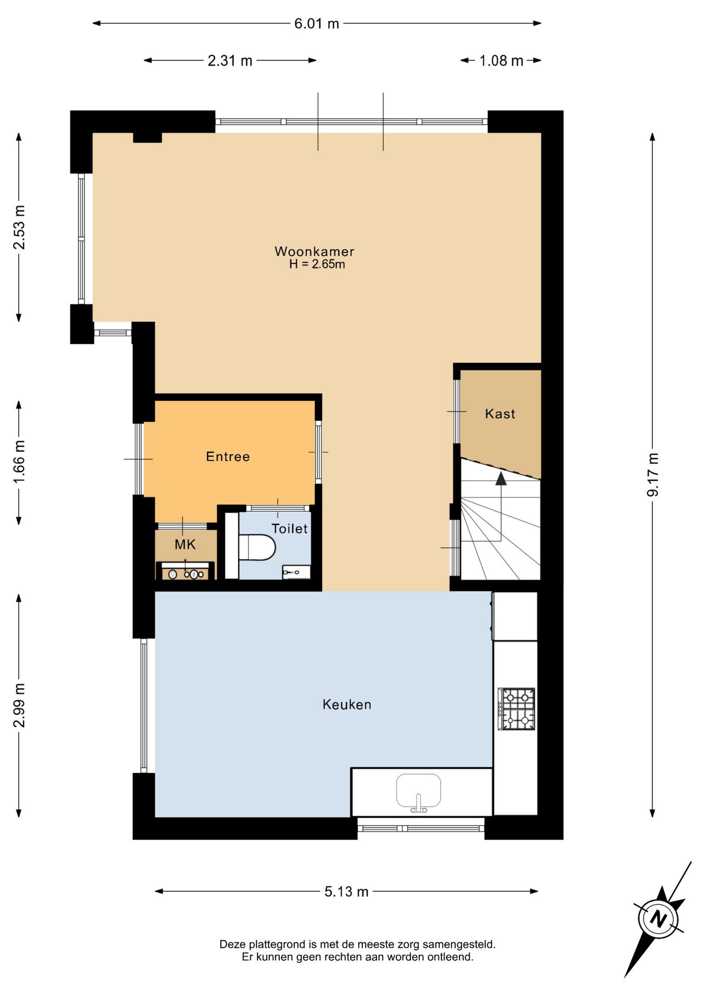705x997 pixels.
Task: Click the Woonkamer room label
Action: pos(314,251)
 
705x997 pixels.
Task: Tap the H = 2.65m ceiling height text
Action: pos(317,264)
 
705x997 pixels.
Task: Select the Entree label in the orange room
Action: pos(228,456)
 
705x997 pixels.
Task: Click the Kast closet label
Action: pos(500,414)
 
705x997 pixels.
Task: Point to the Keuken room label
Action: pos(347,705)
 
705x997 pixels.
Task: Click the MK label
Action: pos(185,544)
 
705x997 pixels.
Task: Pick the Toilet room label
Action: pos(290,529)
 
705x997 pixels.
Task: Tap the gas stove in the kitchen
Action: pos(517,709)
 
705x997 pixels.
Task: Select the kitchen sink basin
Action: pos(418,793)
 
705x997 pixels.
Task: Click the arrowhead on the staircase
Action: pos(501,478)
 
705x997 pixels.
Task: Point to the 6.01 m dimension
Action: pos(317,23)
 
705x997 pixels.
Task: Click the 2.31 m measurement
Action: pos(230,61)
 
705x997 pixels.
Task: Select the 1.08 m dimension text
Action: pos(501,61)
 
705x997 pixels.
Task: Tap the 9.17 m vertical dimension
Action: pos(653,475)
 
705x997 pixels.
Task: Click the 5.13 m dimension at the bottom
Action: pos(346,892)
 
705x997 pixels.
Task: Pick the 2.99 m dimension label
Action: pos(19,705)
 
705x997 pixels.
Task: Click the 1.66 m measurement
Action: pos(19,462)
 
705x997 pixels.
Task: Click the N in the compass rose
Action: pos(658,919)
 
